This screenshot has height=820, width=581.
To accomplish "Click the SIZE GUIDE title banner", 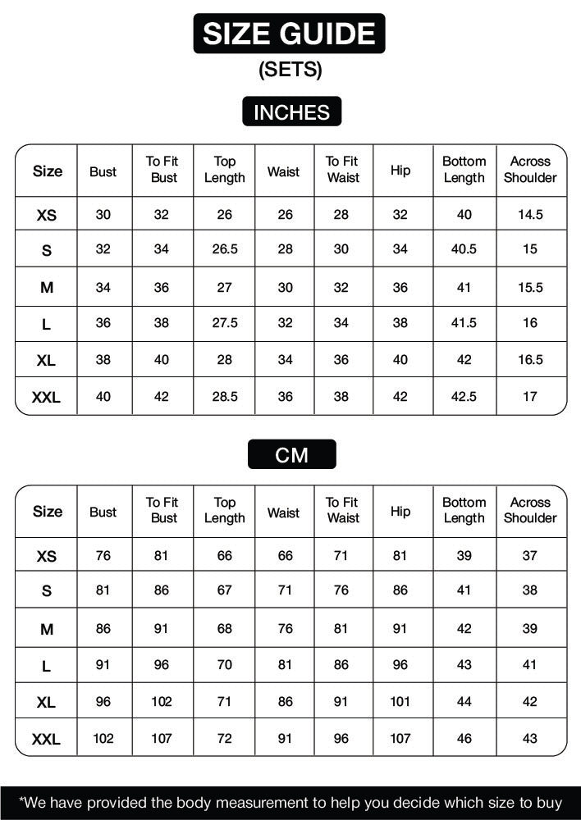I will pos(289,34).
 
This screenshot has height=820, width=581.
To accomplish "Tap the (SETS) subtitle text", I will pos(290,71).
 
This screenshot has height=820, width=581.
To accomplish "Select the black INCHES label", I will pos(291,112).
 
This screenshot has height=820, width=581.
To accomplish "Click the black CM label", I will pos(291,454).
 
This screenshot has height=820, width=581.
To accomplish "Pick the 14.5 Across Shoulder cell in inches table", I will pos(530,215).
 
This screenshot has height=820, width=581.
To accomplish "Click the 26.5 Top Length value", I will pos(224,249).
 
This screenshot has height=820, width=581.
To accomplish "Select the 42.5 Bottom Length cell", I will pos(464,396).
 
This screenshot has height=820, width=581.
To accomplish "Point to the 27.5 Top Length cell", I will pos(224,323).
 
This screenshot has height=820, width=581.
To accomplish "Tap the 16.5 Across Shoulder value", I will pos(530,359).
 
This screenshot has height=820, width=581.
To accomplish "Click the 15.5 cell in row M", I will pos(530,287).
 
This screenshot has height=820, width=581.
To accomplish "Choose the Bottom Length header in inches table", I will pos(464,170).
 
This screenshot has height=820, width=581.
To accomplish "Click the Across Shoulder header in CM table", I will pos(530,510).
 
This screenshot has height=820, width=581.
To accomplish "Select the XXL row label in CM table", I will pos(46,739).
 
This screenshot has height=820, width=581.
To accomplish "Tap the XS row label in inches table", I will pos(47,216).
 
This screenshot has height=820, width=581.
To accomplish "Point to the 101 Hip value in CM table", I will pos(400,702).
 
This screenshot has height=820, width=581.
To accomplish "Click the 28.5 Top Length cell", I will pos(224,396).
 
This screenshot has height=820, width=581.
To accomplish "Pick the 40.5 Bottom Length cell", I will pos(464,249).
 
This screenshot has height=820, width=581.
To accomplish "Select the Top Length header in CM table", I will pos(224,510).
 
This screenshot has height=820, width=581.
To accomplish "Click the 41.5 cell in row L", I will pos(464,323).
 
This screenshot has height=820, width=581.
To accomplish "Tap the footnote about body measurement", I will pos(290,803).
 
